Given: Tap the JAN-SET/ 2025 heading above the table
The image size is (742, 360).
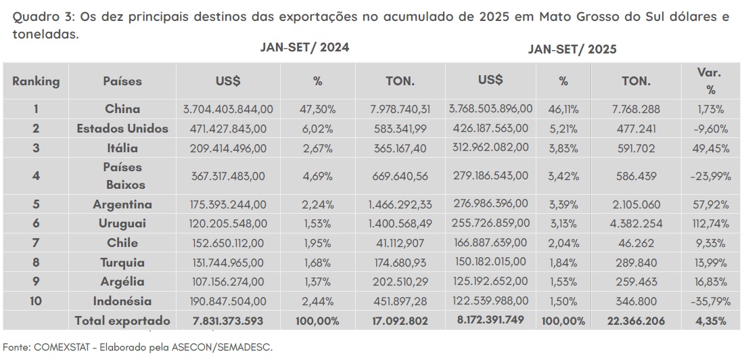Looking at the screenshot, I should [572, 49].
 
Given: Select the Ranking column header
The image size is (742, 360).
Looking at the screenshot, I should [36, 81].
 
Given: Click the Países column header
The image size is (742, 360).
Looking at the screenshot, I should [122, 81].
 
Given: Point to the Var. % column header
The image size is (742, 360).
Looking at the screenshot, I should [710, 81].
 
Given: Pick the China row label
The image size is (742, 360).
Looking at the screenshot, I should [122, 109].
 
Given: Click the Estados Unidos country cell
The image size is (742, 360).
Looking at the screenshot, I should [122, 128].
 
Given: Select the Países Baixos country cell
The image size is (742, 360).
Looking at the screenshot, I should [122, 176].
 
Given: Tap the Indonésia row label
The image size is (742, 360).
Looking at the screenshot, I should [122, 301].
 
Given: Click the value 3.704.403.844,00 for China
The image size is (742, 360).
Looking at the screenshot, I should [228, 109].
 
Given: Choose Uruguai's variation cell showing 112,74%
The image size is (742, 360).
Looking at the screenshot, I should [710, 224].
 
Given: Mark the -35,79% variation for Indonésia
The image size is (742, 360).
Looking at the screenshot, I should [710, 301].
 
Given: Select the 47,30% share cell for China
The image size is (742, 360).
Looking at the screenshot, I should [317, 109].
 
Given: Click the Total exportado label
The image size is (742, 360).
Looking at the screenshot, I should [122, 321].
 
